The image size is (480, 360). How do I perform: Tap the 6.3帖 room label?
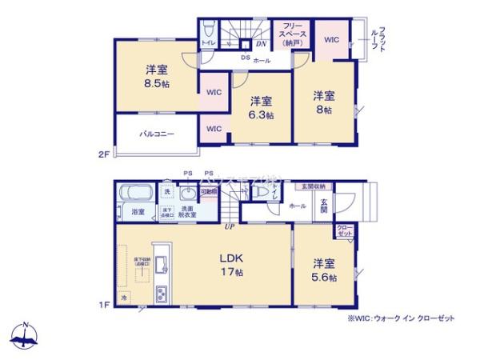[x=261, y=107]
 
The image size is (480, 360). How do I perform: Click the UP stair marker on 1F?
[x=230, y=227]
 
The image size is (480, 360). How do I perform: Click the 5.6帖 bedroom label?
[x=324, y=270]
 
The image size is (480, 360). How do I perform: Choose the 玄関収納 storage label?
[x=315, y=187]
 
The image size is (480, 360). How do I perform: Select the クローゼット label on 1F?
[x=344, y=231]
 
